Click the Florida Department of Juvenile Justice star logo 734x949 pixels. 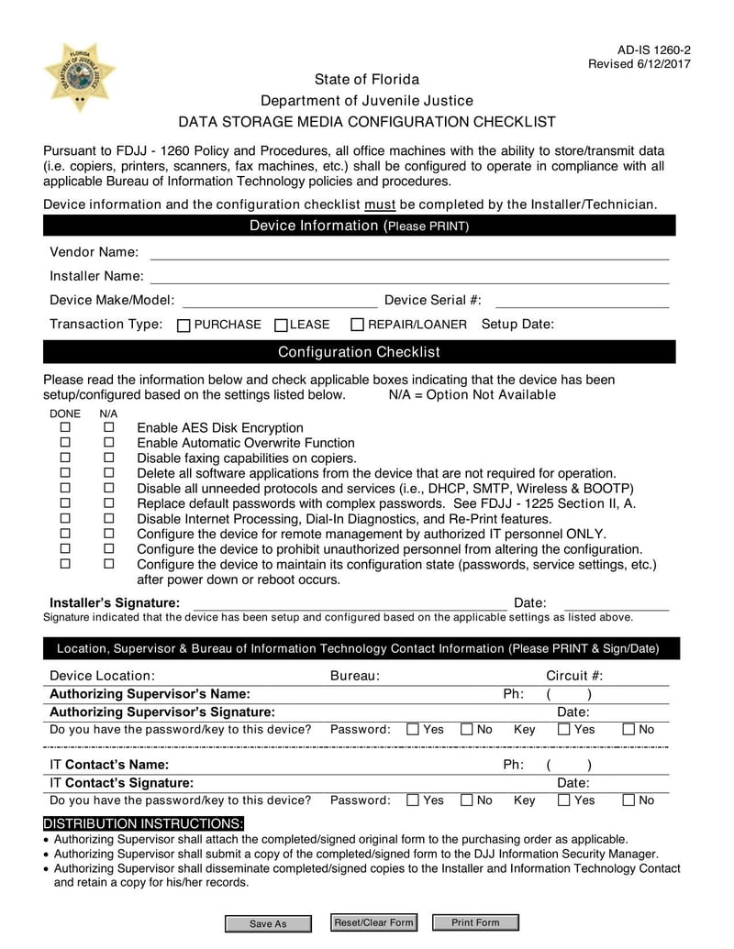tap(80, 77)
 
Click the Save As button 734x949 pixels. tap(268, 923)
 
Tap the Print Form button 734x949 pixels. tap(475, 922)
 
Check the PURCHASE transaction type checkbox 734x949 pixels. tap(183, 326)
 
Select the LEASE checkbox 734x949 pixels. tap(282, 326)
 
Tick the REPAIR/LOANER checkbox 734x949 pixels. tap(358, 326)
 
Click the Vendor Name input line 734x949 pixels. tap(409, 254)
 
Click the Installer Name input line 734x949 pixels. tap(409, 278)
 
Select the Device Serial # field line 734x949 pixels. tap(582, 302)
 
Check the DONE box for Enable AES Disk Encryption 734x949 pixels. tap(65, 427)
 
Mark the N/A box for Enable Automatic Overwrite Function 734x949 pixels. tap(108, 442)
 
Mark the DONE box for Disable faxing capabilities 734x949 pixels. tap(65, 458)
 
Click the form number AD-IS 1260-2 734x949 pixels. tap(654, 50)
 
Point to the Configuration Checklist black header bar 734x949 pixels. tap(359, 352)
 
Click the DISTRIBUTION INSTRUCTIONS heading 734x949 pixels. tap(144, 823)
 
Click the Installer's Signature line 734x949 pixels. tap(349, 604)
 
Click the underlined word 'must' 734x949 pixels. tap(379, 204)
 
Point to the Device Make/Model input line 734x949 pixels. tap(280, 302)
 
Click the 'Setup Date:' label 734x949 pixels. tap(517, 325)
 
